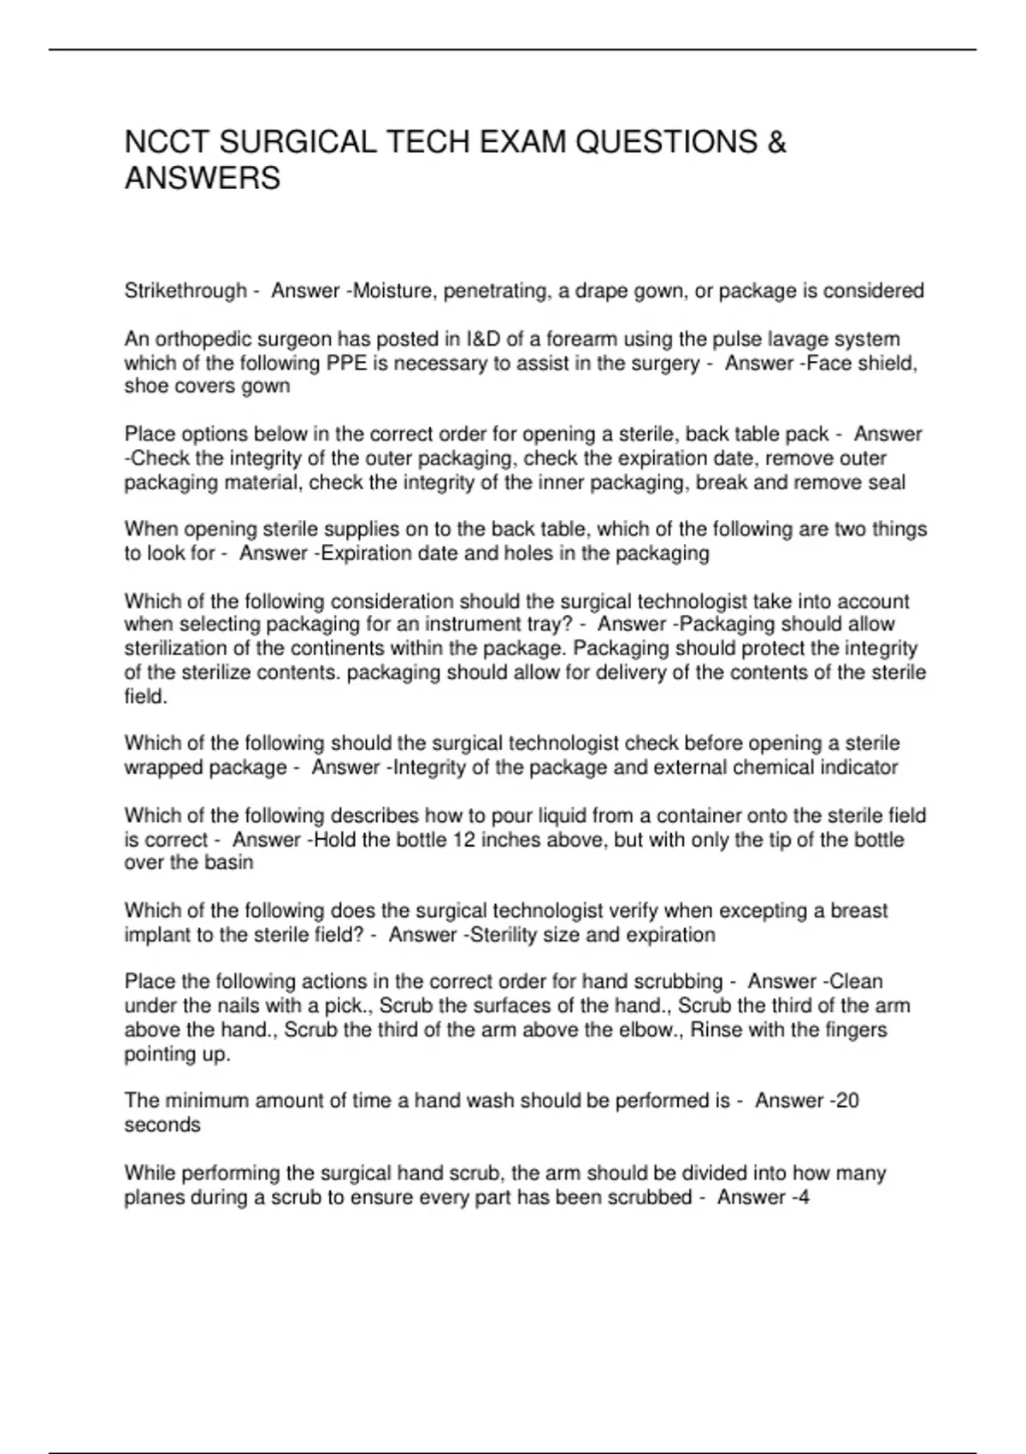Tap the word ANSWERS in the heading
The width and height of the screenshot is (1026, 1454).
point(203,179)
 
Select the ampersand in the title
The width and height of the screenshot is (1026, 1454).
point(776,142)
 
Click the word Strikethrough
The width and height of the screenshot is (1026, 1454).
point(186,292)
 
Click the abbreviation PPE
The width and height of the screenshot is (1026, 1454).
point(346,363)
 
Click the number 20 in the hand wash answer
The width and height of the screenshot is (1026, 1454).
point(846,1101)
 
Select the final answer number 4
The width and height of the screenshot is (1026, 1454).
point(804,1197)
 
